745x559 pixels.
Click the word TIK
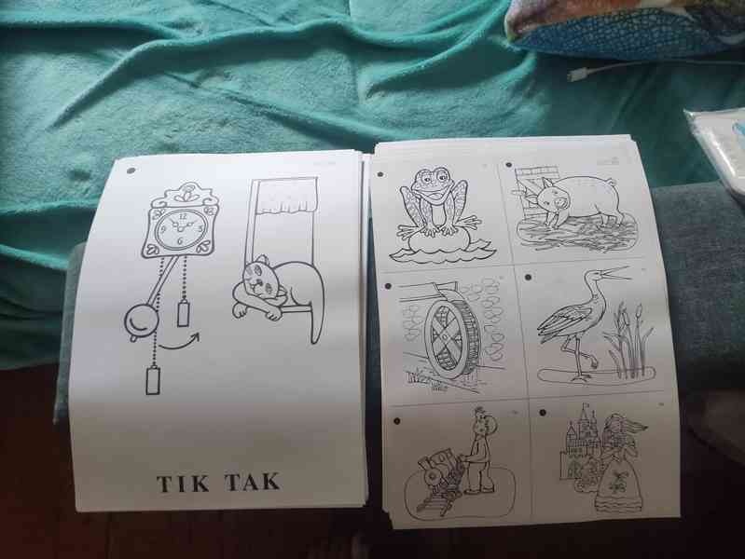[x=183, y=484]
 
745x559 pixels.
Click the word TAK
[x=252, y=482]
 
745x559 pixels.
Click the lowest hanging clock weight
[x=153, y=381]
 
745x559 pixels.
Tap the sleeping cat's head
[x=260, y=280]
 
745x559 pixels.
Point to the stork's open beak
[x=617, y=274]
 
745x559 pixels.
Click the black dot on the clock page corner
[x=131, y=170]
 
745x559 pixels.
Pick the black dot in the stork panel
[x=528, y=278]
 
